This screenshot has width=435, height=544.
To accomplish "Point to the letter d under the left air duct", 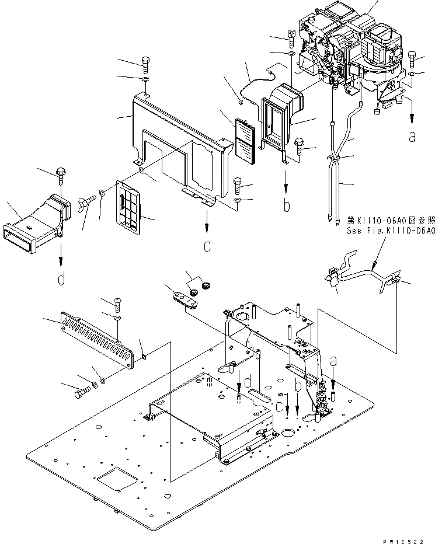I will [x=61, y=281].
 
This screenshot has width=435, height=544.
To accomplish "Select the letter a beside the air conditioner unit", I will [x=413, y=137].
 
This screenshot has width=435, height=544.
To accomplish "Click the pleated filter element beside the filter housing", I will [x=246, y=141].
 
